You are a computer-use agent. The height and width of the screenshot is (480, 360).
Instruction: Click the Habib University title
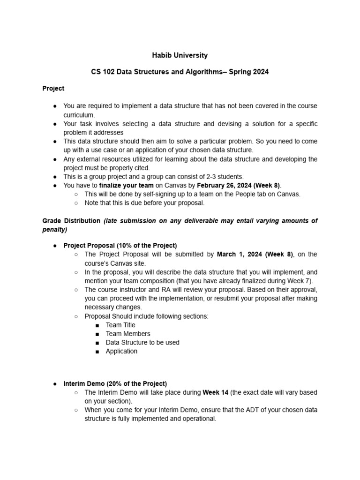click(x=180, y=55)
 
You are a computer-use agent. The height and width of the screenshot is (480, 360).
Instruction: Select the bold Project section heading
click(x=53, y=88)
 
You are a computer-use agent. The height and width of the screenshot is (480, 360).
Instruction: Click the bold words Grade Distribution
click(x=71, y=221)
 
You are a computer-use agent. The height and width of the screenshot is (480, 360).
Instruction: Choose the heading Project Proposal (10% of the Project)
click(x=120, y=246)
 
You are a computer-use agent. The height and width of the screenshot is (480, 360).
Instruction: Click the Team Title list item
click(x=120, y=325)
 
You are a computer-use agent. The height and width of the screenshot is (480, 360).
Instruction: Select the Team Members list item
click(x=128, y=334)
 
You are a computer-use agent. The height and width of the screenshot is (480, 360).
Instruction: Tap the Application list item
click(x=122, y=351)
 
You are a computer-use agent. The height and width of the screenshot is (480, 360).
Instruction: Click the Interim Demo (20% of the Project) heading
click(x=115, y=383)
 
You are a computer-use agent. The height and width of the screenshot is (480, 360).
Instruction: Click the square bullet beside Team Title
click(x=97, y=325)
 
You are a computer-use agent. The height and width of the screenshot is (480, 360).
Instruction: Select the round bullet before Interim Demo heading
click(x=55, y=384)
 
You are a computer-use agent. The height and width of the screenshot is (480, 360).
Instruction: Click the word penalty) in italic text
click(x=55, y=230)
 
